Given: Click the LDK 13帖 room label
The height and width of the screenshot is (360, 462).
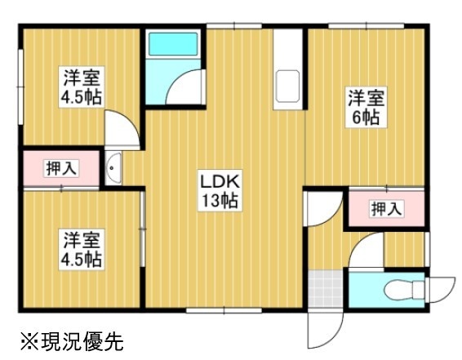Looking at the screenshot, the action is point(220,190).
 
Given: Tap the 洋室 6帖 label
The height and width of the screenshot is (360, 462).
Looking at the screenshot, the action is point(366,107).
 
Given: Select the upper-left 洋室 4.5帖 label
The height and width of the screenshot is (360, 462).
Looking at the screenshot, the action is point(82,87).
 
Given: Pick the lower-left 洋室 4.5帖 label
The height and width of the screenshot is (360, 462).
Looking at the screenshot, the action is point(82,249).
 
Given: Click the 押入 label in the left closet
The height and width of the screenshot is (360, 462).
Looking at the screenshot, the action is point(62,168).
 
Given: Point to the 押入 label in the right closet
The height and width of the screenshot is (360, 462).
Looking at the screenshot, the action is point(387,209).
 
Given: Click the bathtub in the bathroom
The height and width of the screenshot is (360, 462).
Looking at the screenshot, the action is point(173,44).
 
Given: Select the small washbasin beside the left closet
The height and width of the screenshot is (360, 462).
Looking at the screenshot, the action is point(113,168).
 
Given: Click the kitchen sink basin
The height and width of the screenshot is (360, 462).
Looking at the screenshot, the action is point(287,87).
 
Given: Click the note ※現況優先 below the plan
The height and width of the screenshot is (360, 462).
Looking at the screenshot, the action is point(72,341).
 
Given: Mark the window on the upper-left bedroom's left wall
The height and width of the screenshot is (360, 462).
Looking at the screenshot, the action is point(20,87).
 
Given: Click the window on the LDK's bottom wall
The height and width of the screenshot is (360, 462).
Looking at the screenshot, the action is point(224,310).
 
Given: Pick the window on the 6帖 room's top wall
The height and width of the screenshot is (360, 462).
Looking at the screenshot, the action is point(366,26).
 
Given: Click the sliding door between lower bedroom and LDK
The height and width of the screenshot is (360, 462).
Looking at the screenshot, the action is point(143,229).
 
